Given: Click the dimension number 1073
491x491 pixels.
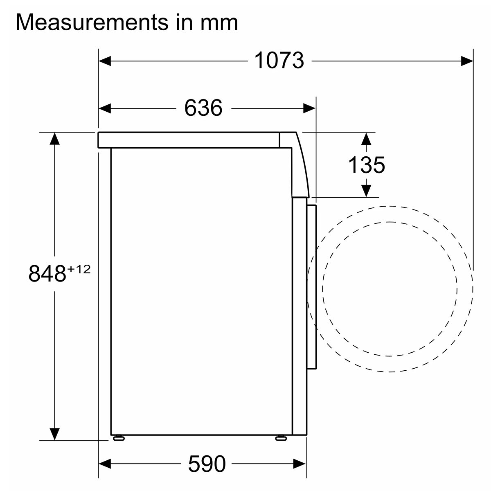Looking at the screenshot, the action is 279,61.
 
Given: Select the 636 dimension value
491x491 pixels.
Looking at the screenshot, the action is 203,108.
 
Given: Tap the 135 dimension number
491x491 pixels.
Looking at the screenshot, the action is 366,165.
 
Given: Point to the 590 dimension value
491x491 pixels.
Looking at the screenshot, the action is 207,464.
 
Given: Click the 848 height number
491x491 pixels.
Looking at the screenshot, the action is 47,274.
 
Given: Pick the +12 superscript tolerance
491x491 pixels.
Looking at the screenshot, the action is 79,269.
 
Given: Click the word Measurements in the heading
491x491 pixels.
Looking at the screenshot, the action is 92,23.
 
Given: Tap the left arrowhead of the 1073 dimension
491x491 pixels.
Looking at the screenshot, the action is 105,61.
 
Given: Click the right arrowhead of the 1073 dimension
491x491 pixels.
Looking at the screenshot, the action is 467,61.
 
